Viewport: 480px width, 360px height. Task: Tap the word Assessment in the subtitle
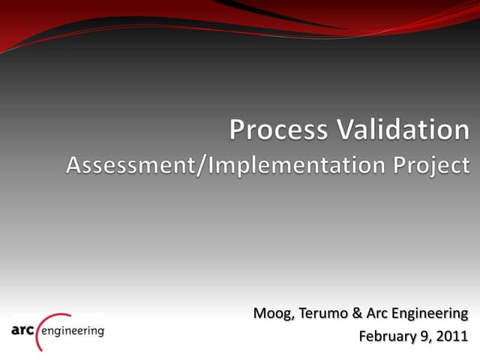[127, 165]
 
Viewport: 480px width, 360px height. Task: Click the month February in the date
[386, 335]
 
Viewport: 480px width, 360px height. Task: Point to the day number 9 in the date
[421, 335]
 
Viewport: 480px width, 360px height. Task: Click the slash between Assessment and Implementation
[201, 165]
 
